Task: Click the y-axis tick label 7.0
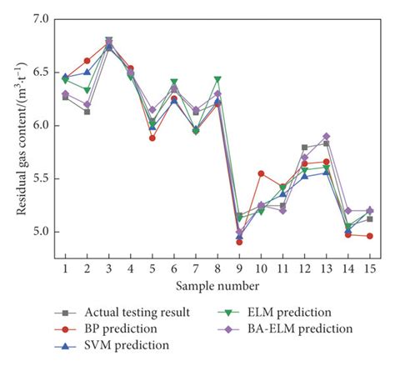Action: point(39,18)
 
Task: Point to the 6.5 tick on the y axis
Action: point(39,72)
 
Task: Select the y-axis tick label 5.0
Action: point(39,232)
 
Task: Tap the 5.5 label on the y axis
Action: point(39,178)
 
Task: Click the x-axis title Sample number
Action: point(217,286)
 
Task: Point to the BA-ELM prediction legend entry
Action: point(305,328)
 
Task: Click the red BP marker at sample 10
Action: point(261,173)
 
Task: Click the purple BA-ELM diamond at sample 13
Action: point(326,136)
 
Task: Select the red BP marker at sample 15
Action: point(369,236)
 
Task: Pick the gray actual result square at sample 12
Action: point(304,147)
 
